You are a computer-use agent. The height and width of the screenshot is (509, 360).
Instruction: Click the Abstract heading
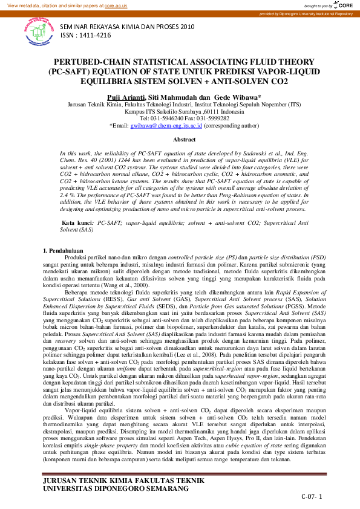pyautogui.click(x=185, y=139)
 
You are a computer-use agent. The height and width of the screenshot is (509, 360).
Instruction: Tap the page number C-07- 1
pyautogui.click(x=312, y=496)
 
